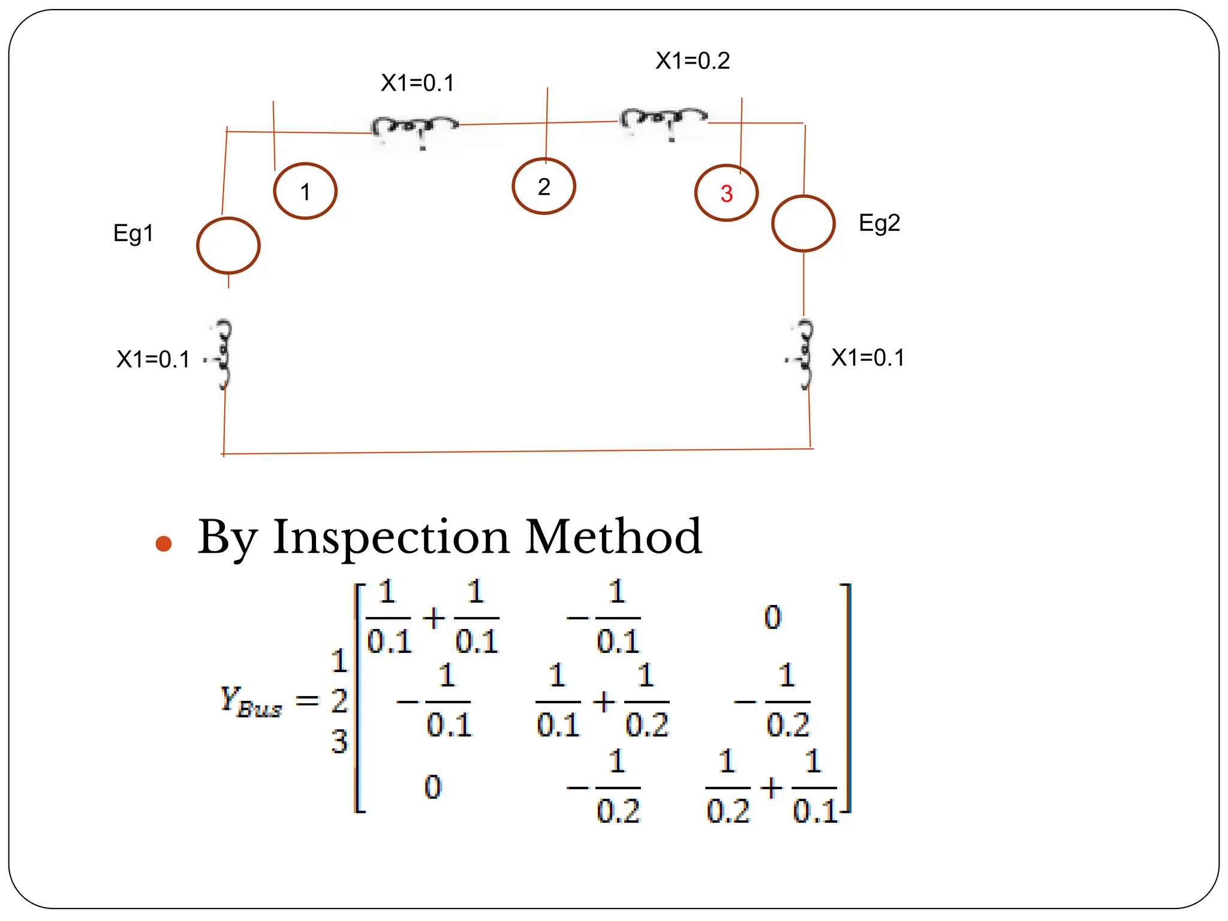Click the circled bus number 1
[x=305, y=191]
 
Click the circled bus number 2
[x=544, y=186]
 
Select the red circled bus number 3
[x=726, y=193]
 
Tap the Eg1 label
[x=133, y=233]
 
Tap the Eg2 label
[x=879, y=223]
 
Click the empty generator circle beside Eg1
[x=228, y=246]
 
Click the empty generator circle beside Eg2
[x=803, y=224]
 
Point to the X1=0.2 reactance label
[x=693, y=61]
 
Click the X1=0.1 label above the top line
[x=417, y=83]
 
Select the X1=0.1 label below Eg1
[x=153, y=359]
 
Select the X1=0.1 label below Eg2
[x=868, y=357]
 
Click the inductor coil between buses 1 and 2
[x=414, y=128]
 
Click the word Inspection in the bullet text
[x=391, y=537]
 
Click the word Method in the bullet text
[x=613, y=537]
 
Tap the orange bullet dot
[x=163, y=543]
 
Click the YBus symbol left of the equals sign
[x=251, y=700]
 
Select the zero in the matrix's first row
[x=772, y=617]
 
